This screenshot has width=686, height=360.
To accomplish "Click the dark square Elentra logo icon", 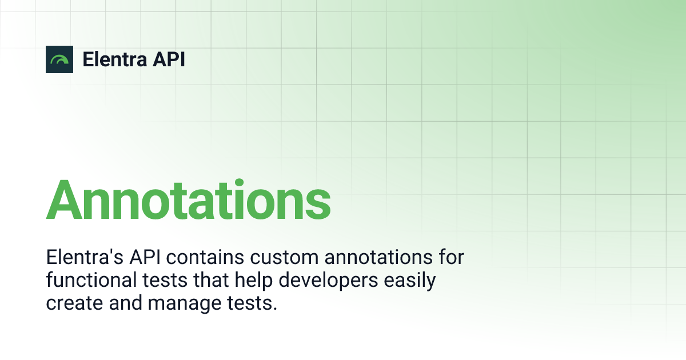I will point(59,59).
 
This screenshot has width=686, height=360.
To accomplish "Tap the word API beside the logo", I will point(169,59).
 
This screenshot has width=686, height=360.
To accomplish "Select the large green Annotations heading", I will point(188,200).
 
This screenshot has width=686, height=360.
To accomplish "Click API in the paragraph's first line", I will point(146,257).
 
